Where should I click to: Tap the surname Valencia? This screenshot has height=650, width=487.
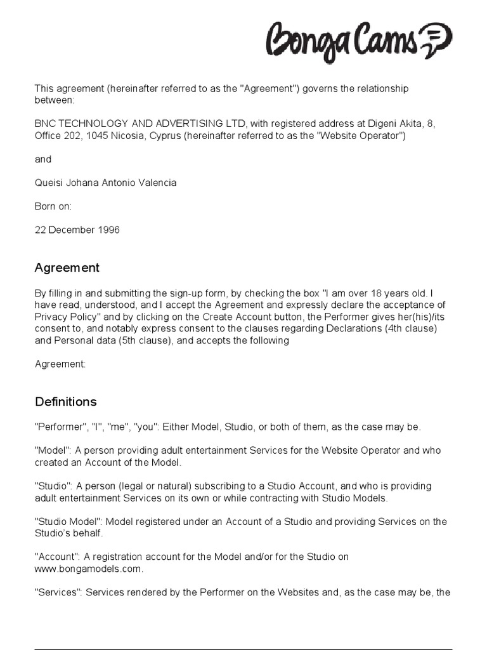click(156, 183)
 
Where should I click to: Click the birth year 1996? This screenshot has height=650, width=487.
click(108, 230)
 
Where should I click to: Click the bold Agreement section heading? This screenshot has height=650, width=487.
click(67, 268)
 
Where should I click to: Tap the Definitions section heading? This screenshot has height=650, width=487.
click(65, 402)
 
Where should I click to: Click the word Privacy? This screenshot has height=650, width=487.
click(50, 317)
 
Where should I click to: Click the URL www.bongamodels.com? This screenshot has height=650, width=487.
click(88, 569)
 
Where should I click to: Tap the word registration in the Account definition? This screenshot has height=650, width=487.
click(115, 557)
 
